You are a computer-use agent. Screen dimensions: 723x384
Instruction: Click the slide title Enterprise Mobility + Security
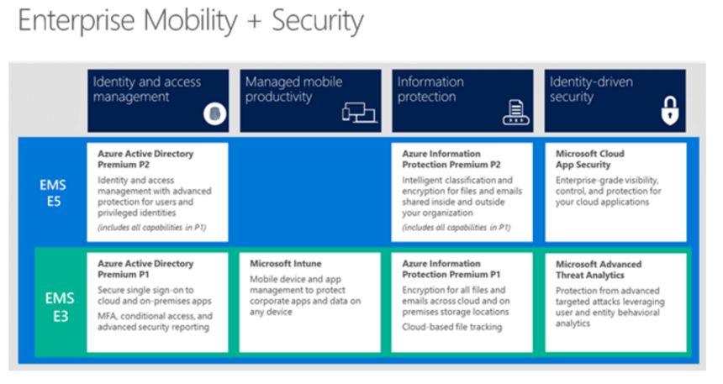pyautogui.click(x=191, y=21)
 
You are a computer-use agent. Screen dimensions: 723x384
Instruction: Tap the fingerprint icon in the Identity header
pyautogui.click(x=215, y=114)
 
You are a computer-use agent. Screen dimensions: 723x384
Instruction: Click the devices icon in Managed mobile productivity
pyautogui.click(x=359, y=113)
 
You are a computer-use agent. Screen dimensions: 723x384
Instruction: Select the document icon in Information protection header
pyautogui.click(x=516, y=113)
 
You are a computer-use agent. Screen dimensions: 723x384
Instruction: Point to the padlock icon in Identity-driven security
pyautogui.click(x=670, y=111)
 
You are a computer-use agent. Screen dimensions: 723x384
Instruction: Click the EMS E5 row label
pyautogui.click(x=53, y=193)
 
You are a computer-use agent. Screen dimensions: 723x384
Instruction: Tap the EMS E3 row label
pyautogui.click(x=60, y=307)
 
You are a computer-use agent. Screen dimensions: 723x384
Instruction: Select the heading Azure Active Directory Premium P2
pyautogui.click(x=145, y=159)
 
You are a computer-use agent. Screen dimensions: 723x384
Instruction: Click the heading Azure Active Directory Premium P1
pyautogui.click(x=145, y=269)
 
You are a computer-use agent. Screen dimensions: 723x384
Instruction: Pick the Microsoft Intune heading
pyautogui.click(x=286, y=264)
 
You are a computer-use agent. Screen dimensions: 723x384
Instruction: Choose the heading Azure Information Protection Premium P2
pyautogui.click(x=451, y=159)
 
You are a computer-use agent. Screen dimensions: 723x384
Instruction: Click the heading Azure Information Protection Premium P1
pyautogui.click(x=451, y=269)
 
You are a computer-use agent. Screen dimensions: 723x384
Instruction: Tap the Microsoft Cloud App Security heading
pyautogui.click(x=589, y=159)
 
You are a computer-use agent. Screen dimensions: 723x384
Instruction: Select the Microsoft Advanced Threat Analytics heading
pyautogui.click(x=599, y=270)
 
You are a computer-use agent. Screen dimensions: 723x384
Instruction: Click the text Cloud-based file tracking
pyautogui.click(x=452, y=327)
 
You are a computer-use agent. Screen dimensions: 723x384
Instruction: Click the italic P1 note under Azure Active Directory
pyautogui.click(x=151, y=227)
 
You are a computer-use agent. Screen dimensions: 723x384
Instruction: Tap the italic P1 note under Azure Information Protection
pyautogui.click(x=456, y=227)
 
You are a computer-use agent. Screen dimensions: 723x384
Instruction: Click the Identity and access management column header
pyautogui.click(x=158, y=101)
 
